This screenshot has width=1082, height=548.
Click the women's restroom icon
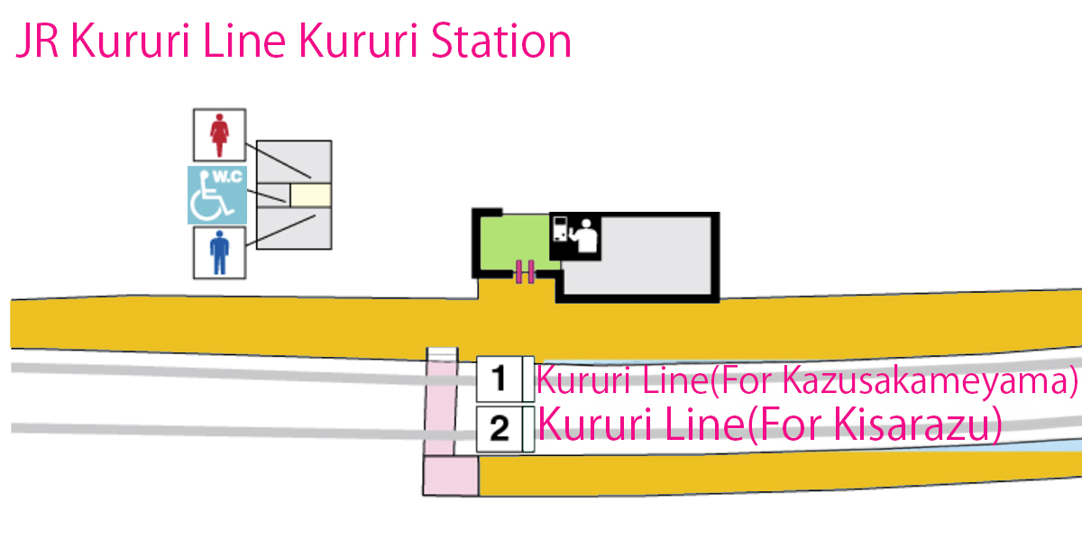(218, 134)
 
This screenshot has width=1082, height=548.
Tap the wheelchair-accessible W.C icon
(216, 195)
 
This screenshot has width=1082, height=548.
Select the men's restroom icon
(218, 251)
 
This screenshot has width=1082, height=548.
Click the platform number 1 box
(499, 379)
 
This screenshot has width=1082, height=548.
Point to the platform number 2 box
(499, 428)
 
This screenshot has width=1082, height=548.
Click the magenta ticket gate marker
(525, 271)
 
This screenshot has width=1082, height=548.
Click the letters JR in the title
(37, 42)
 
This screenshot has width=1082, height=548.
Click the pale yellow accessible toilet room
(310, 194)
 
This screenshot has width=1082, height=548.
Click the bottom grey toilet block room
(295, 229)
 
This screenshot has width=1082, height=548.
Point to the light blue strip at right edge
(1046, 445)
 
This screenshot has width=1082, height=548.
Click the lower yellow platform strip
(775, 474)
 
